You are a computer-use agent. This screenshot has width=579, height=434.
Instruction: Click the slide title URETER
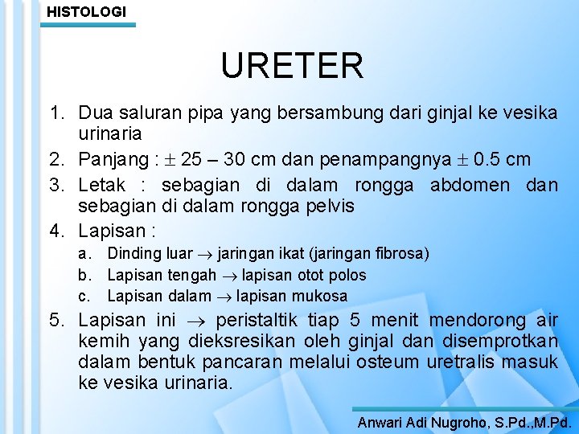293,66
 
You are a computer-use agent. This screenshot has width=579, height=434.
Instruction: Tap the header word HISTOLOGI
86,11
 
